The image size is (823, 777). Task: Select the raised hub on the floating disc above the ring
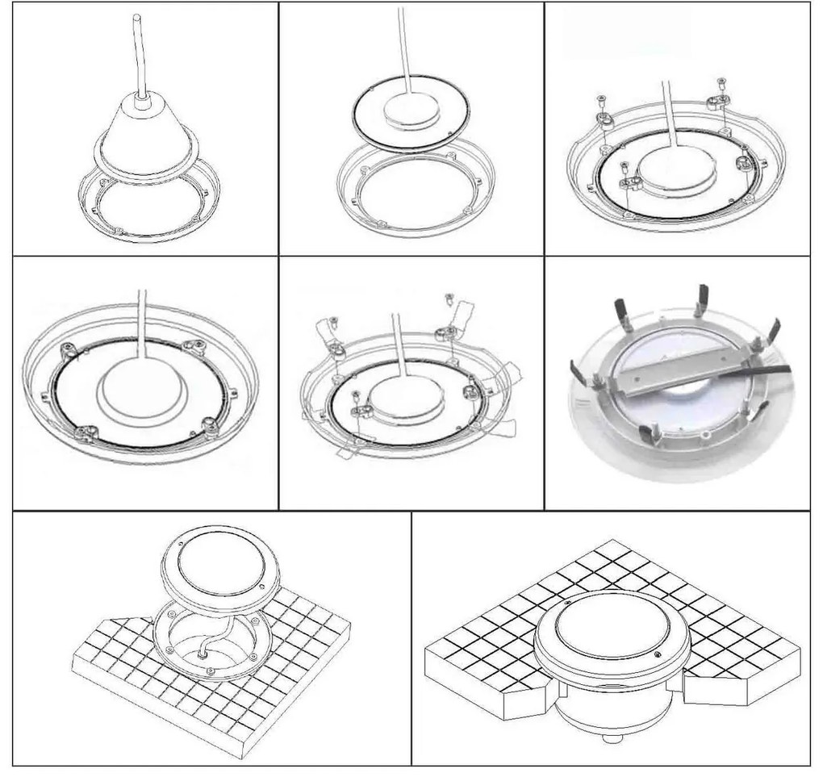(411, 110)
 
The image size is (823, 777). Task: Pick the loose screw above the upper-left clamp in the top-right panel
(601, 100)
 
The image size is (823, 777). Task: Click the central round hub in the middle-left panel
(142, 388)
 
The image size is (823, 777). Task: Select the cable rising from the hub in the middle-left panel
(142, 323)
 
